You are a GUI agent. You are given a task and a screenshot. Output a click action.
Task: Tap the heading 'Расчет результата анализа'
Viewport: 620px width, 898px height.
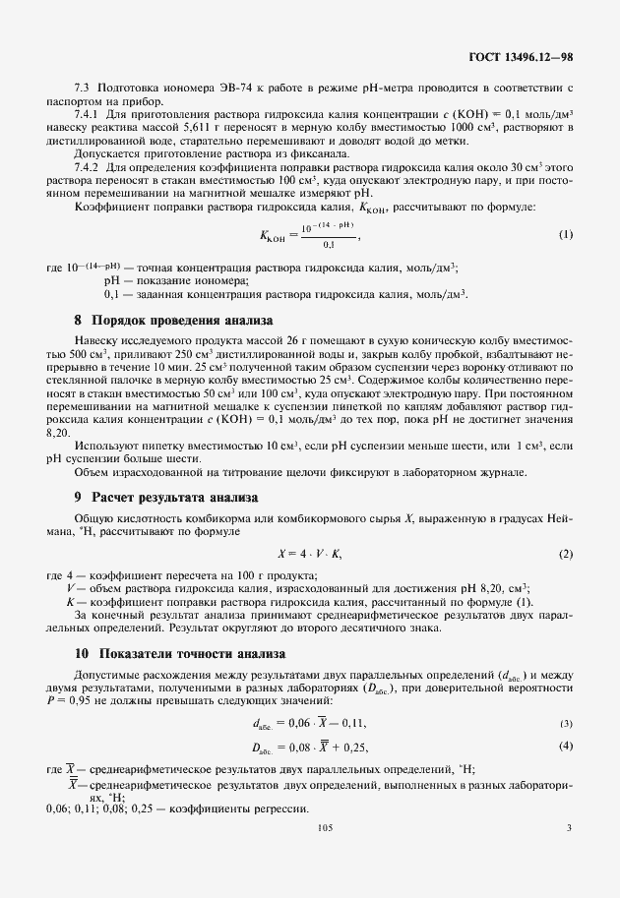pyautogui.click(x=174, y=497)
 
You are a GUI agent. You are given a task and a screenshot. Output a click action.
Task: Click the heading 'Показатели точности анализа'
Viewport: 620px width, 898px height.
pyautogui.click(x=188, y=653)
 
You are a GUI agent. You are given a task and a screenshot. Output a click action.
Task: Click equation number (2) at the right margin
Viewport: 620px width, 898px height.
pyautogui.click(x=565, y=554)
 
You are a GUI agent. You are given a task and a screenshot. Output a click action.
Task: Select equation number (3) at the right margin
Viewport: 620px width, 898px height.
pyautogui.click(x=566, y=724)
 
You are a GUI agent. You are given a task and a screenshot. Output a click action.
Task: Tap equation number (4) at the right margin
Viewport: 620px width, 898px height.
pyautogui.click(x=566, y=746)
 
